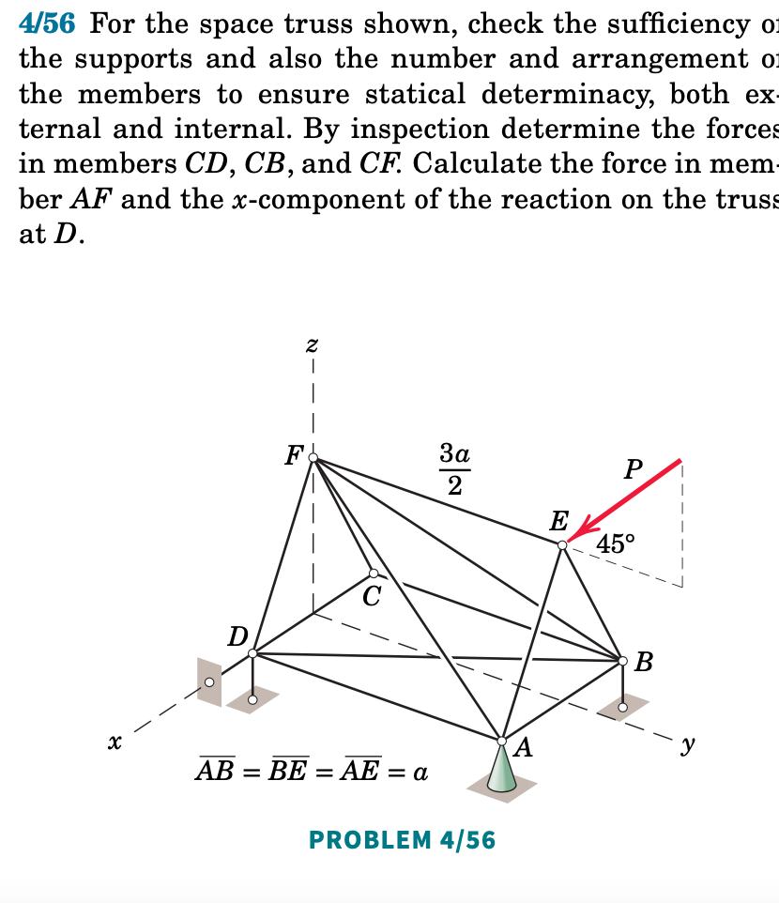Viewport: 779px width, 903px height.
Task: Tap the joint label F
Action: [294, 456]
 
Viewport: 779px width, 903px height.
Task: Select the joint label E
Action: [559, 519]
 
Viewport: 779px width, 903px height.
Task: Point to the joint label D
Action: [238, 635]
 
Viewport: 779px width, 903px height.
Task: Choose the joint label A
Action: [524, 747]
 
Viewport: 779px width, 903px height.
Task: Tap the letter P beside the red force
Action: [634, 469]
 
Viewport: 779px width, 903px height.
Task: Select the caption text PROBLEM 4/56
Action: [402, 840]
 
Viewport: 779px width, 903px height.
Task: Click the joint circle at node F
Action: [313, 459]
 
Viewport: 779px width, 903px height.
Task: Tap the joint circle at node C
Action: [374, 573]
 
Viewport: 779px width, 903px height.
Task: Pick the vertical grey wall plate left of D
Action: [208, 680]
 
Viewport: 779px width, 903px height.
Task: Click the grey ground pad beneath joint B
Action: [623, 705]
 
